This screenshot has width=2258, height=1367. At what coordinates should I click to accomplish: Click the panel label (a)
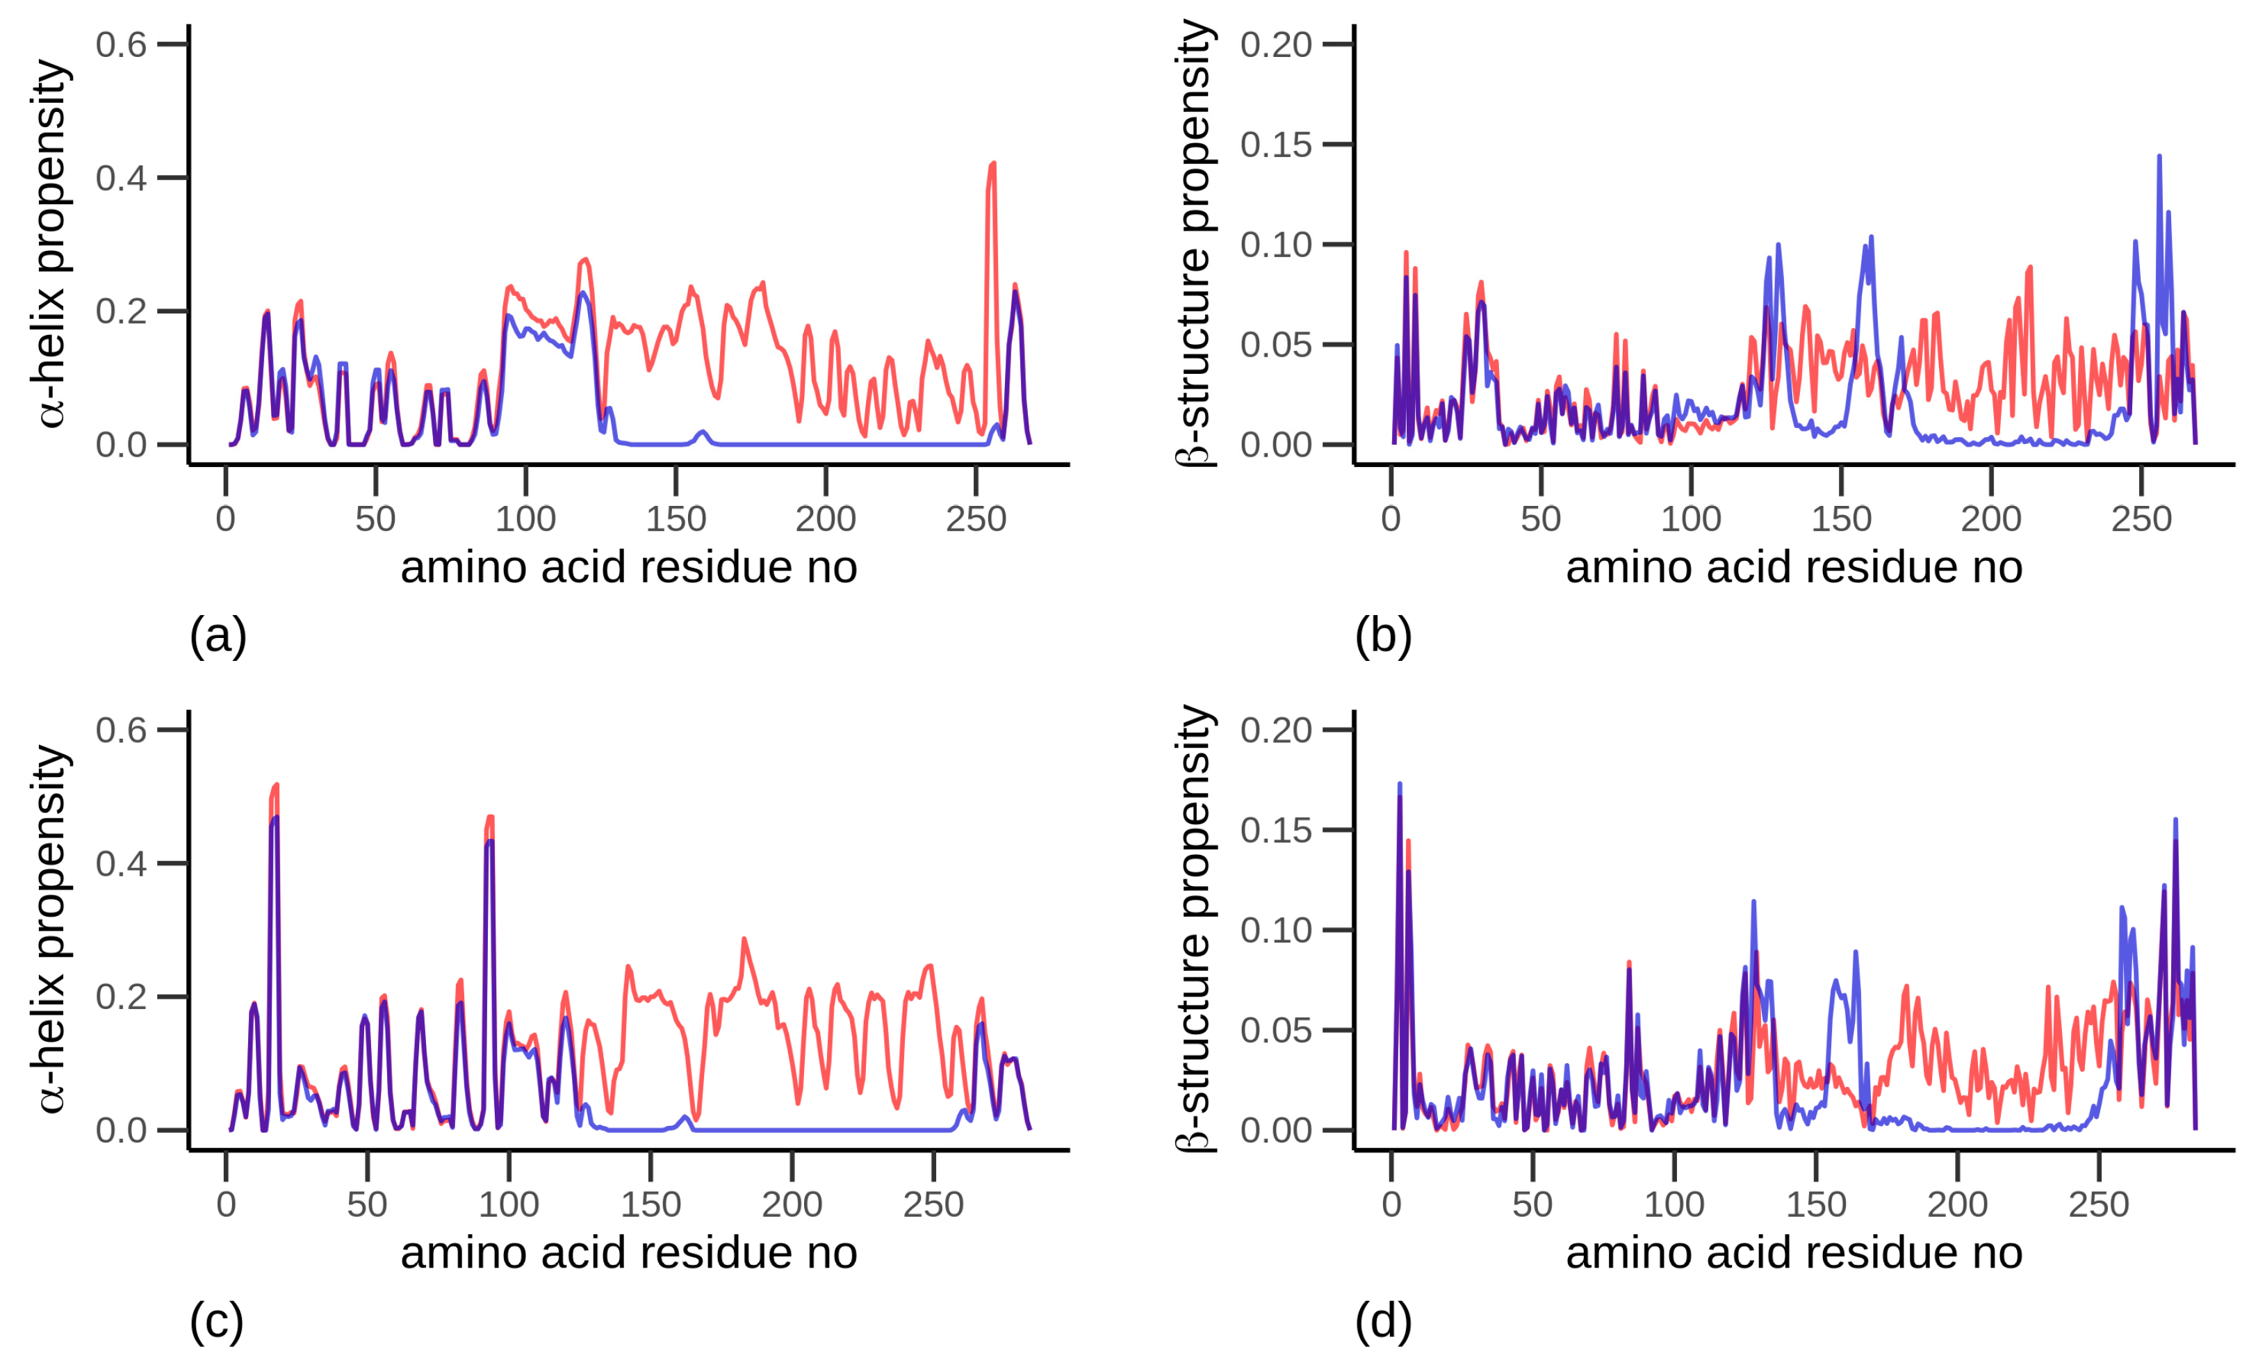point(218,636)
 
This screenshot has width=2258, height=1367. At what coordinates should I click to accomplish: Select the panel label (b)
point(1383,636)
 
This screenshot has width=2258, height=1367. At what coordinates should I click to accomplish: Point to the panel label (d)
point(1383,1321)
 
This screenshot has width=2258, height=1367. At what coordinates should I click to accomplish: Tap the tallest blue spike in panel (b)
point(2159,158)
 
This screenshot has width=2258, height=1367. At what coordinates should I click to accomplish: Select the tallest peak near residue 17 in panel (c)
point(275,786)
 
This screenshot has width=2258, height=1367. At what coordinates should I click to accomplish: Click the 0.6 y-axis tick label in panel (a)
point(121,44)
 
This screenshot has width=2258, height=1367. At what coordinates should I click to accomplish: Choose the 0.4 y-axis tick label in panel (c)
point(121,863)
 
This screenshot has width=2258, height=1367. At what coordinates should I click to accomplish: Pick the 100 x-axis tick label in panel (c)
point(509,1204)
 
